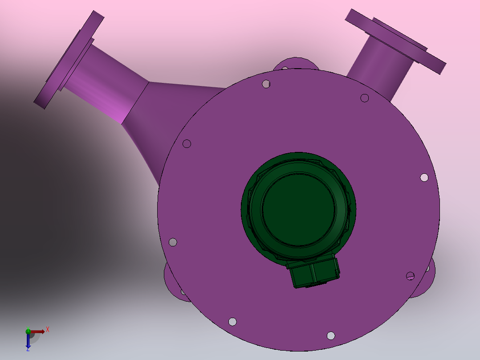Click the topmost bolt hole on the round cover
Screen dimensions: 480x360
pyautogui.click(x=266, y=84)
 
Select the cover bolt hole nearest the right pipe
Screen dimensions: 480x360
pyautogui.click(x=364, y=98)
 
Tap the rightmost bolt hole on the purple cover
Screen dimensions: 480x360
pyautogui.click(x=424, y=177)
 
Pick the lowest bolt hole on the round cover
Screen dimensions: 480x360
pyautogui.click(x=330, y=336)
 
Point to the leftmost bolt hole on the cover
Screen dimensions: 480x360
pyautogui.click(x=173, y=242)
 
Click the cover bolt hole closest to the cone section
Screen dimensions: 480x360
pyautogui.click(x=187, y=144)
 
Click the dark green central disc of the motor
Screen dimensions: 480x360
pyautogui.click(x=298, y=209)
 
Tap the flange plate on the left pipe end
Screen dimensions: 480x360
pyautogui.click(x=69, y=60)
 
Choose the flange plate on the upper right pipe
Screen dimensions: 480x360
pyautogui.click(x=395, y=41)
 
